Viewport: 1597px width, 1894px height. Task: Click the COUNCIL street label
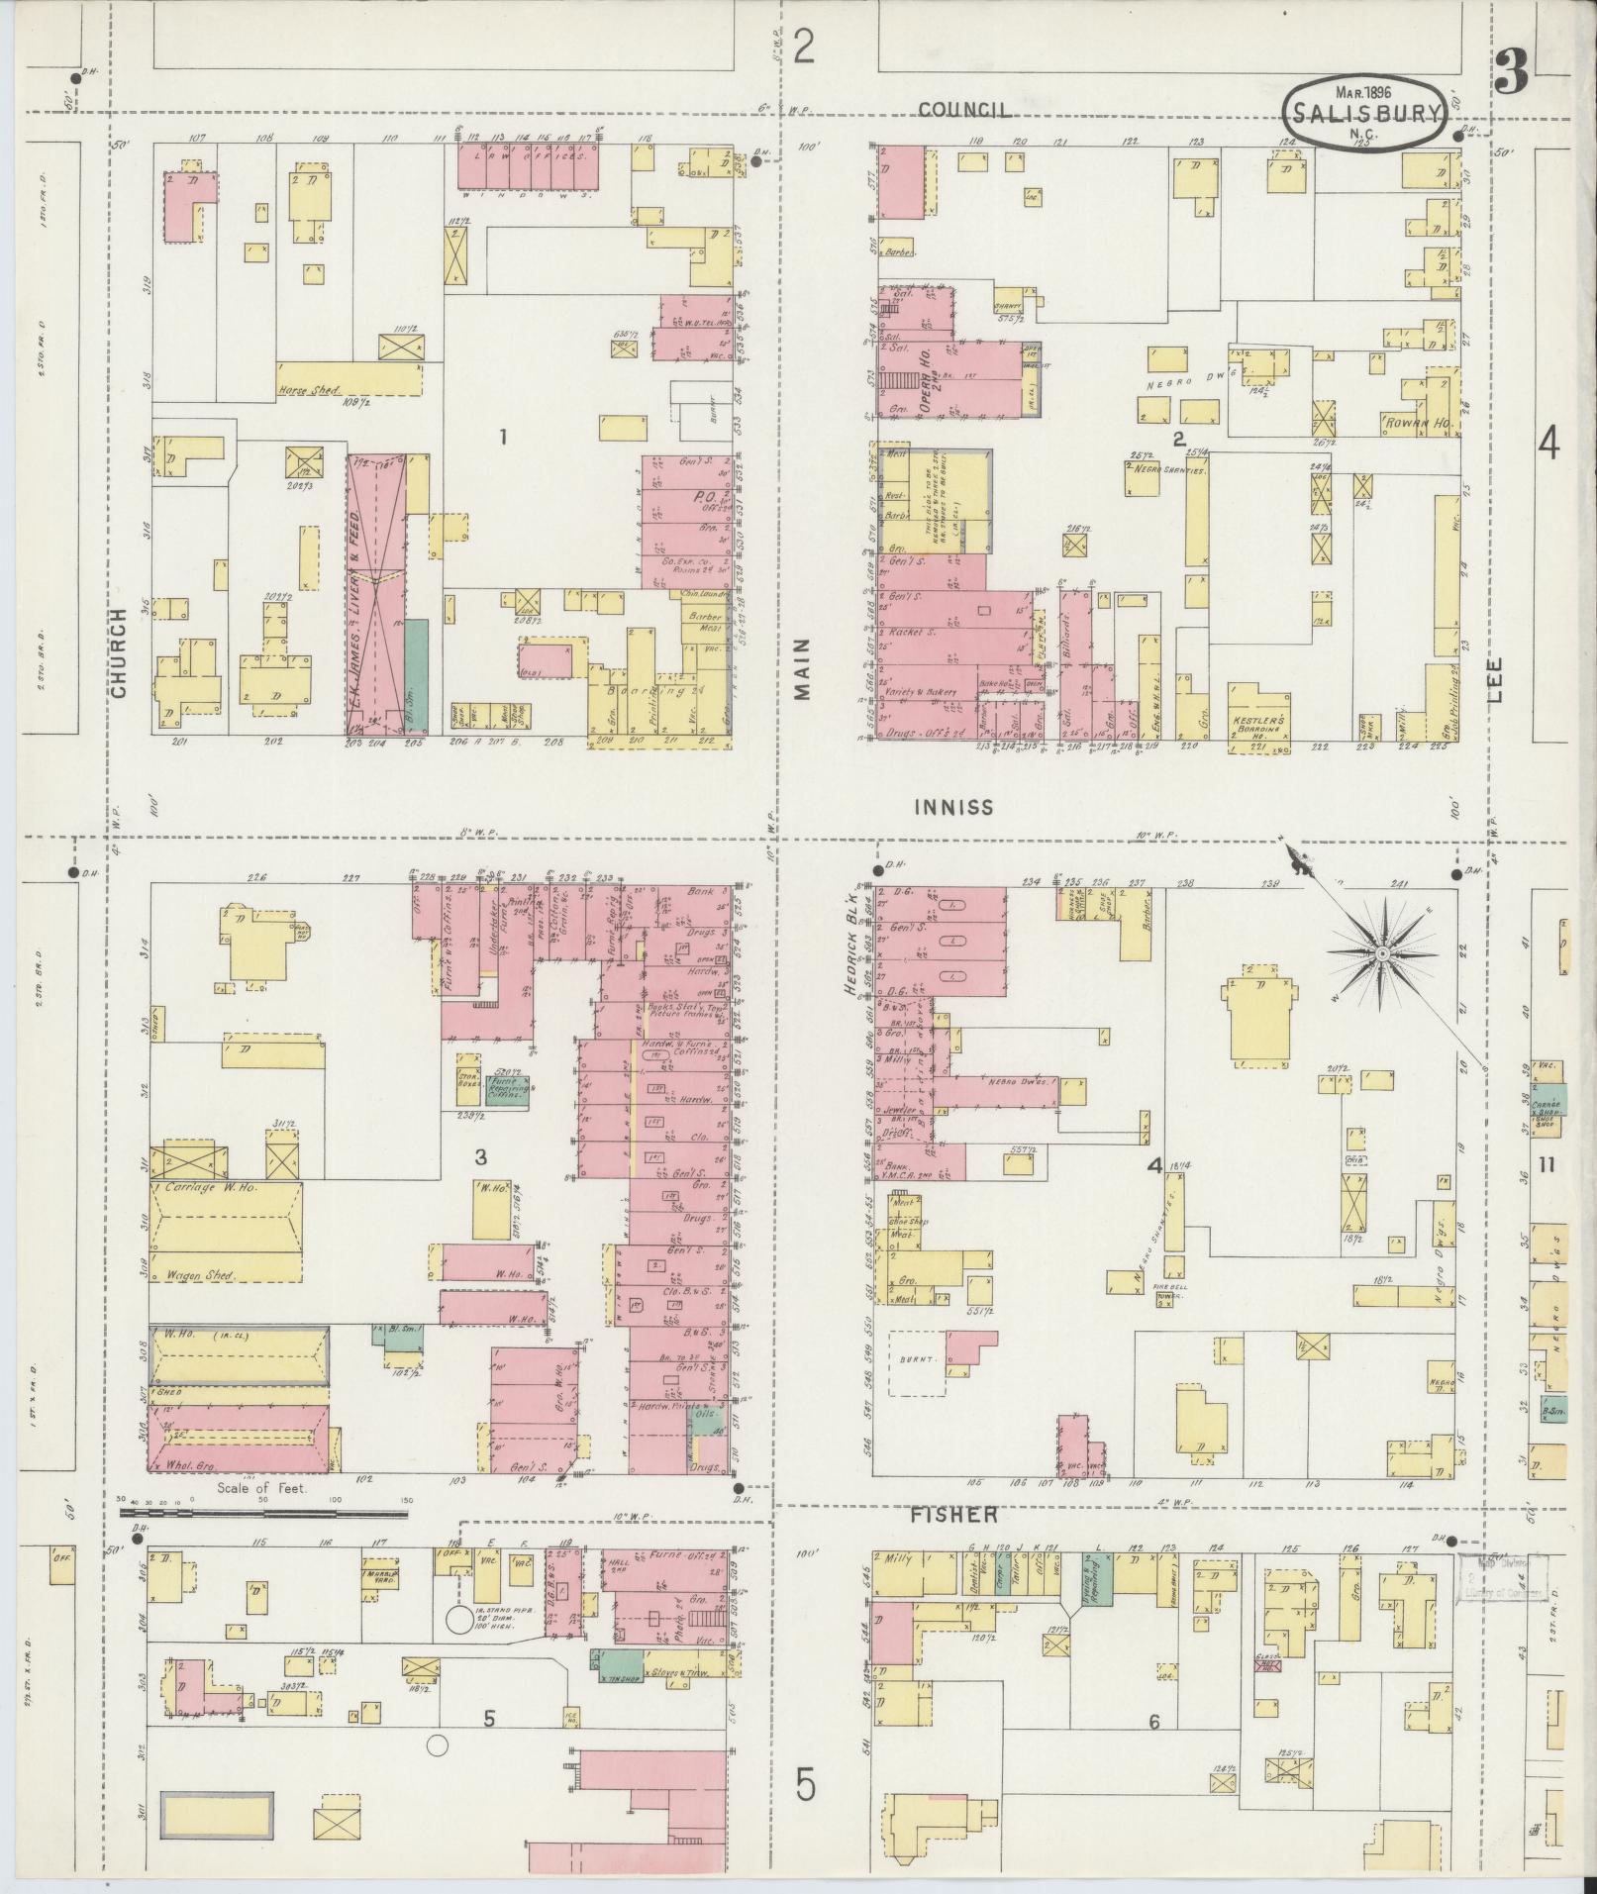pyautogui.click(x=964, y=110)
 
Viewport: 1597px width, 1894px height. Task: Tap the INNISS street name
pyautogui.click(x=953, y=807)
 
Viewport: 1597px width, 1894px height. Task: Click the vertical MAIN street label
pyautogui.click(x=801, y=668)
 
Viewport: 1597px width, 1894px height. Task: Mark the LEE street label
pyautogui.click(x=1494, y=680)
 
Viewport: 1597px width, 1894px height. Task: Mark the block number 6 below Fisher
pyautogui.click(x=1153, y=1721)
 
